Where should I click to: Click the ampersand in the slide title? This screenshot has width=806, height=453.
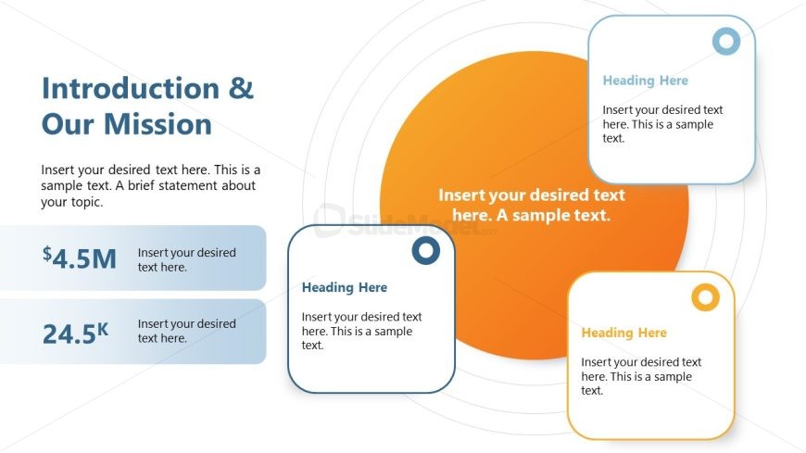[240, 89]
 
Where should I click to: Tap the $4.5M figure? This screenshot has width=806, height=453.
[80, 258]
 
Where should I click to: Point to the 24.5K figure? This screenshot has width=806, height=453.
[75, 333]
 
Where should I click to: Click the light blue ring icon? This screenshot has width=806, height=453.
[725, 41]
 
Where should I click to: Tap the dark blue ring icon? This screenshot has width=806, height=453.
[425, 250]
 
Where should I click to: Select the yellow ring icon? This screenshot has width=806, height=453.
[705, 297]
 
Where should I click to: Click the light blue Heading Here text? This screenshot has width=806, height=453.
[645, 81]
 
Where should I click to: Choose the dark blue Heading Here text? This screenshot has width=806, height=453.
[345, 287]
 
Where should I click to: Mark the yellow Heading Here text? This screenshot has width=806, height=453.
[623, 333]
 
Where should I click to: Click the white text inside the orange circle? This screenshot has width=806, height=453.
[532, 205]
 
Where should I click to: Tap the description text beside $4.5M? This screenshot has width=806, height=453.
[186, 259]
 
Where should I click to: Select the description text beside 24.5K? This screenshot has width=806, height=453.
[186, 331]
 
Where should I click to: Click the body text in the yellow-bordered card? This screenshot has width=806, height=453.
[641, 376]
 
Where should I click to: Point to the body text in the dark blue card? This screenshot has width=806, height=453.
[361, 331]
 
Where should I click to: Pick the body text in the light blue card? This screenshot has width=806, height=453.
[662, 124]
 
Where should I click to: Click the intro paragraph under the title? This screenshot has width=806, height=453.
[150, 185]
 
